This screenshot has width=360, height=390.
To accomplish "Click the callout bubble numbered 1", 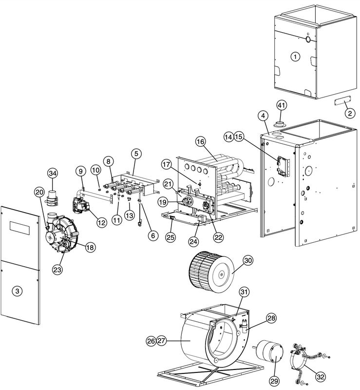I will tap(294, 57).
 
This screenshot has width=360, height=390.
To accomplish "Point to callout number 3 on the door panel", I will tap(18, 291).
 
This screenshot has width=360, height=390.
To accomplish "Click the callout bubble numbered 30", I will tap(248, 260).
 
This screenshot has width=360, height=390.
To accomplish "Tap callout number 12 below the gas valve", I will tap(101, 222).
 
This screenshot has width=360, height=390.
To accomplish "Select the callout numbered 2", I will tap(349, 113).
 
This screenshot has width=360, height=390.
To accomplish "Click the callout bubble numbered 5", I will tap(136, 153).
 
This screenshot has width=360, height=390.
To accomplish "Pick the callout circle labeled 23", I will tap(58, 269).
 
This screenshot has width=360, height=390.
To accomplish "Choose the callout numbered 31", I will tap(244, 292).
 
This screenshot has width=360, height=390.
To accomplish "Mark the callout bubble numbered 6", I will tap(153, 235).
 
